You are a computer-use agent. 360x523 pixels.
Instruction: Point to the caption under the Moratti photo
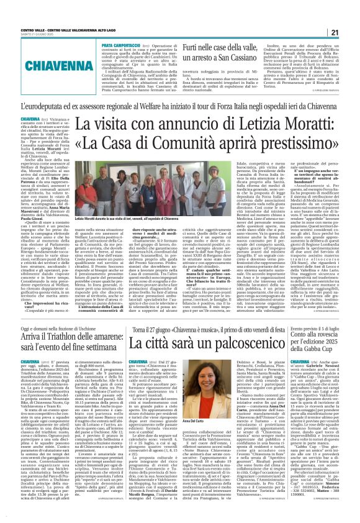pyautogui.click(x=106, y=221)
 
